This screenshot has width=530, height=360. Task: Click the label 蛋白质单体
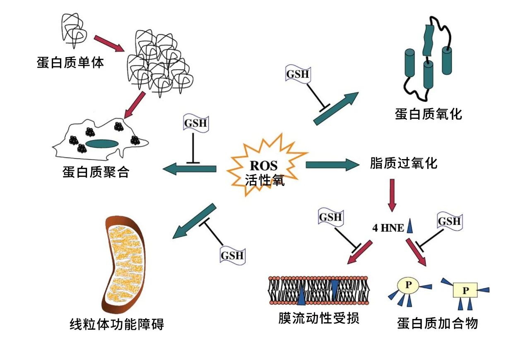(x=70, y=63)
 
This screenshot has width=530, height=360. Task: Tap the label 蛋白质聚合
(x=96, y=172)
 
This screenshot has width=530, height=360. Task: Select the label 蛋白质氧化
(x=428, y=114)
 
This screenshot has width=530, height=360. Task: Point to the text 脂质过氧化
(x=403, y=163)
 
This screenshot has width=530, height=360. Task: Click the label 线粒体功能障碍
(x=117, y=324)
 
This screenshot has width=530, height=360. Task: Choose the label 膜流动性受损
(x=318, y=319)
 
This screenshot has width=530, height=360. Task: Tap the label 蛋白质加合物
(x=437, y=323)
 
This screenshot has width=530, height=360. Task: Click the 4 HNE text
(x=388, y=228)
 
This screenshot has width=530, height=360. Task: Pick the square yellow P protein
(x=465, y=290)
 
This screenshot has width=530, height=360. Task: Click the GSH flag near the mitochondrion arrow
(x=232, y=255)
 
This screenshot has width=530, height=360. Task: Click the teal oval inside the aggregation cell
(x=102, y=144)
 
